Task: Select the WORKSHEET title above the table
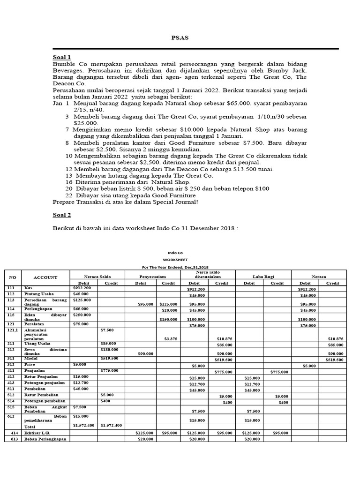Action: coord(175,259)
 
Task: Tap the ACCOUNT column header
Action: coord(45,277)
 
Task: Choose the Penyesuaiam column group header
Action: coord(152,277)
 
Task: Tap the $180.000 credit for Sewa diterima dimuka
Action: coord(110,349)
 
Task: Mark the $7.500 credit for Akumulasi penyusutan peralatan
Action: coord(107,330)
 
